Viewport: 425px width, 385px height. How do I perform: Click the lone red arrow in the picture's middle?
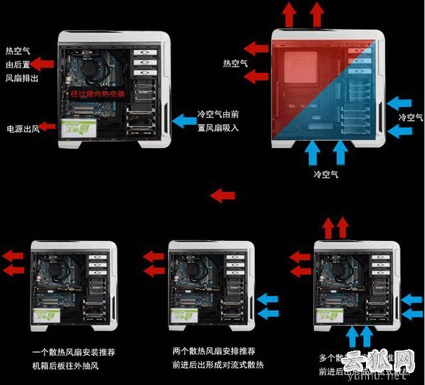point(222,195)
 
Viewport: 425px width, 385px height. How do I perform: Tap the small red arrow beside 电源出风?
point(46,126)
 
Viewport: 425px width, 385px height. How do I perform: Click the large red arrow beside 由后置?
point(44,64)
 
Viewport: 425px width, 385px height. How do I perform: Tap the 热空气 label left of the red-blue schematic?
point(235,64)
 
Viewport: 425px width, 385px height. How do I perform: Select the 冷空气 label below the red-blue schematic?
point(326,174)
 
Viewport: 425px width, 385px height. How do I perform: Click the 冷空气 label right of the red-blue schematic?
point(410,117)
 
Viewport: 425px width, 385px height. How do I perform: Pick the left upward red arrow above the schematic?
point(290,15)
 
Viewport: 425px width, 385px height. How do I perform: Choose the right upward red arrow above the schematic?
point(316,15)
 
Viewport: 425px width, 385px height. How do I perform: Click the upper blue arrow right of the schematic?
point(400,103)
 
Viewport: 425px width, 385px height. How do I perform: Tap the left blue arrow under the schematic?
point(313,153)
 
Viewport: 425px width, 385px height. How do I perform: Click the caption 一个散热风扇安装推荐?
point(73,351)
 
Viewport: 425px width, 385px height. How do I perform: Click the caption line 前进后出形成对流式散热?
point(217,365)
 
